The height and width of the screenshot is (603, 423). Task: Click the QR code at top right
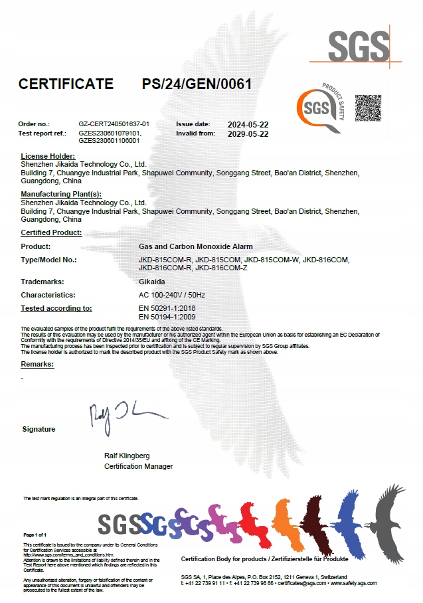click(x=369, y=108)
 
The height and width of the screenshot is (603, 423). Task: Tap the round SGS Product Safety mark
click(x=320, y=107)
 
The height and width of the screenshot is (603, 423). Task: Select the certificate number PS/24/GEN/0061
click(x=197, y=84)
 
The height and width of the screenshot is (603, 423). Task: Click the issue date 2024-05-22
click(x=248, y=124)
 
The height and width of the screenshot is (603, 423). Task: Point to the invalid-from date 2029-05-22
click(x=248, y=133)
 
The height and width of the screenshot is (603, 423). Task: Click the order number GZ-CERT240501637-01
click(x=114, y=124)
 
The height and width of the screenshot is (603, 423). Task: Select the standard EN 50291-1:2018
click(x=167, y=308)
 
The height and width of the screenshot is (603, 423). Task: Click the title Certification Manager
click(x=138, y=466)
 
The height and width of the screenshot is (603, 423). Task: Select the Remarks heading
click(x=37, y=365)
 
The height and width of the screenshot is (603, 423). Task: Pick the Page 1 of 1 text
click(x=35, y=535)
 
